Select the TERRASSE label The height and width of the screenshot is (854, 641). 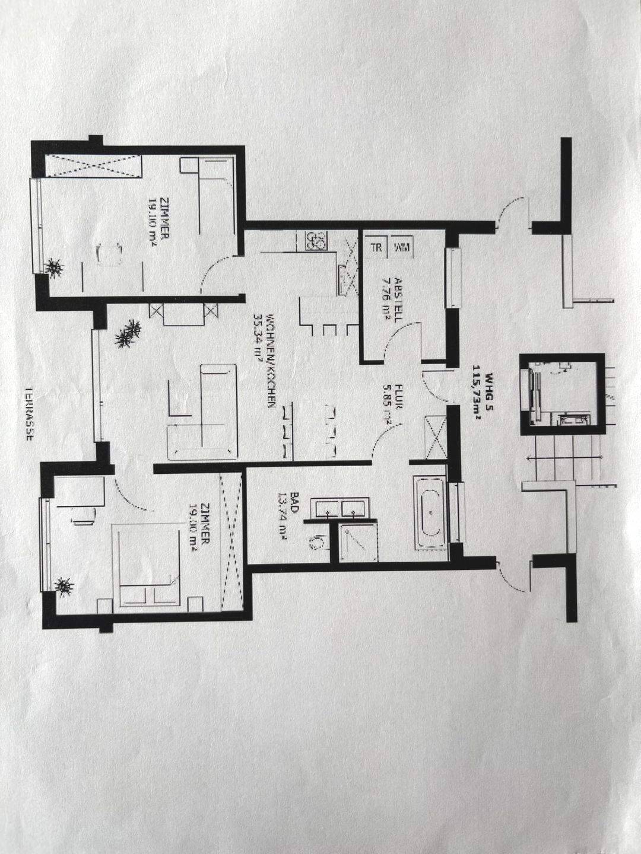point(28,415)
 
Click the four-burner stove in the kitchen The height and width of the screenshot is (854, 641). point(315,240)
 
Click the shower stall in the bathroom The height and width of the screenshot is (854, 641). point(358,541)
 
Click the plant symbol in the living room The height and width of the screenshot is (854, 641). point(128,334)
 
